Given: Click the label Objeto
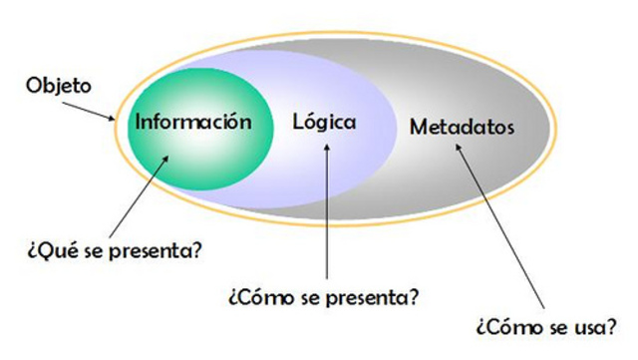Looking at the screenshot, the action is tap(58, 86).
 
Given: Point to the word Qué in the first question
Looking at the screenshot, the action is tap(53, 248).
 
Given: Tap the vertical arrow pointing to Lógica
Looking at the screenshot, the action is tap(326, 209).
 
